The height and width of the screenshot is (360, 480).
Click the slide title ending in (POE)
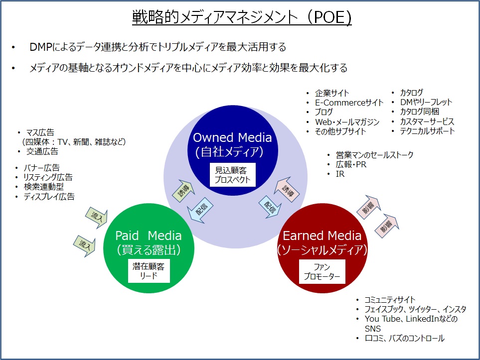click(x=242, y=17)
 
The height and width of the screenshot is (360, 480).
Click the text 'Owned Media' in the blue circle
click(x=232, y=137)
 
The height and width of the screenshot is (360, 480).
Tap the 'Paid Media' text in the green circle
click(x=149, y=236)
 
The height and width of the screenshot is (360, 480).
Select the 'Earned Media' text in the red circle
click(x=322, y=236)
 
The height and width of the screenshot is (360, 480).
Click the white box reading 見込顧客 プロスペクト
click(x=233, y=175)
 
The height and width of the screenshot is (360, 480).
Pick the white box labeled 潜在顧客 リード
click(x=149, y=271)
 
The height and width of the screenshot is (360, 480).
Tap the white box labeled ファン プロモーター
click(x=322, y=271)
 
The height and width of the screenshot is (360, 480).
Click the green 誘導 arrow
click(x=183, y=191)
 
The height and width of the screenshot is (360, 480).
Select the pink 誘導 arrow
click(x=287, y=189)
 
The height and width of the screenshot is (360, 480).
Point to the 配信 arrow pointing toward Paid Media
click(x=200, y=211)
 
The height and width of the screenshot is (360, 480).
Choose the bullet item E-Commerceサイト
click(x=349, y=103)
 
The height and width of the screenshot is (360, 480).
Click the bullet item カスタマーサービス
click(x=427, y=121)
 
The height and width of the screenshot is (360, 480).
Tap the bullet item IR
click(x=340, y=174)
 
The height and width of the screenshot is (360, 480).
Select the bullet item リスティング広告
click(x=48, y=177)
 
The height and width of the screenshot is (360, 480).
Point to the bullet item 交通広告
click(x=42, y=151)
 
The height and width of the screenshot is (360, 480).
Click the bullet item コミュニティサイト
click(x=390, y=300)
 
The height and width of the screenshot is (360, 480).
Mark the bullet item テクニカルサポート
click(x=427, y=131)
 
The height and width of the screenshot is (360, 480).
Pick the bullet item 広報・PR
click(x=351, y=164)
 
